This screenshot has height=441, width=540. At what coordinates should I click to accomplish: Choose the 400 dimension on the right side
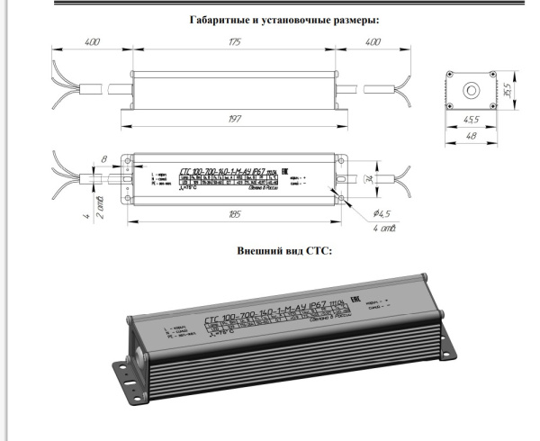(371, 42)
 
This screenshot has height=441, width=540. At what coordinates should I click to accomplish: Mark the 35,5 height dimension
(508, 90)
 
